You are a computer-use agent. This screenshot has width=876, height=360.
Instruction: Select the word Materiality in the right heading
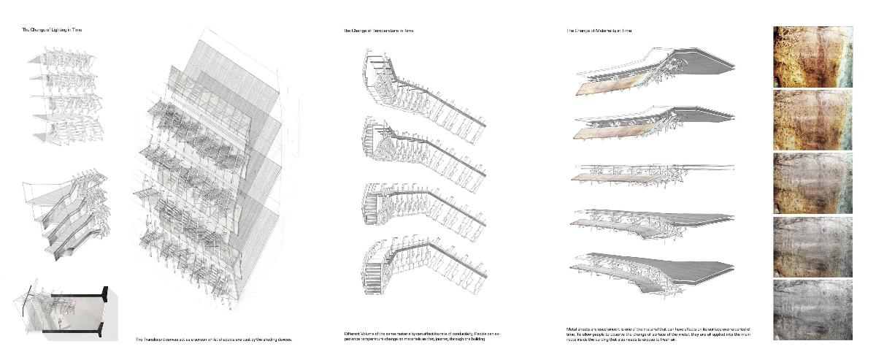(607, 31)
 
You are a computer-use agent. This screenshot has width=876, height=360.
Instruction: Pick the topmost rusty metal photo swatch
(812, 56)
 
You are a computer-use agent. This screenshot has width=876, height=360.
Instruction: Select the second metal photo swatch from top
(812, 119)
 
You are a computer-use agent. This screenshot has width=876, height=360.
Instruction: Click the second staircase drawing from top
(420, 146)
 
